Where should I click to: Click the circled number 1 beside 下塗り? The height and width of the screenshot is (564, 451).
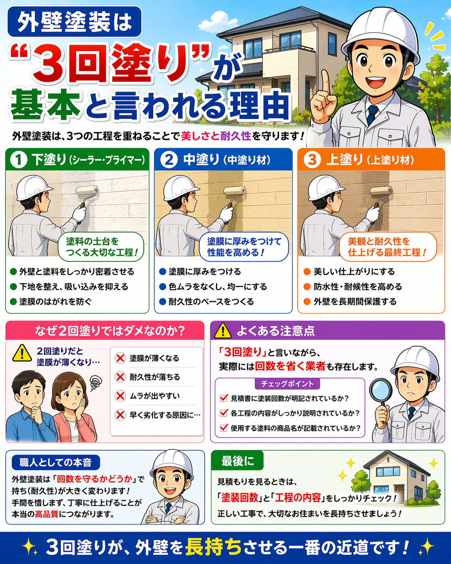coord(18,160)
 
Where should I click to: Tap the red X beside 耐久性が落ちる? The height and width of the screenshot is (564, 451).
coord(120,377)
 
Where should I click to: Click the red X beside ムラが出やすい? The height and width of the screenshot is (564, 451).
coord(120,396)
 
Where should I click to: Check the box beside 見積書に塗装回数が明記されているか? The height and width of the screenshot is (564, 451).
coord(223,398)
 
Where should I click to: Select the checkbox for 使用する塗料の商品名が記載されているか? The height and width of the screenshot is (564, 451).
coord(223,428)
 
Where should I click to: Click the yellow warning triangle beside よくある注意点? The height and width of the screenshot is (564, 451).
coord(223,331)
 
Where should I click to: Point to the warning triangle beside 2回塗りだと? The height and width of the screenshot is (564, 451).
coord(22,353)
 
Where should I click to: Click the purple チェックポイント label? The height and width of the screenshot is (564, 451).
coord(287,384)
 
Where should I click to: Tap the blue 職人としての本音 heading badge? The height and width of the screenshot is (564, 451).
coord(56,463)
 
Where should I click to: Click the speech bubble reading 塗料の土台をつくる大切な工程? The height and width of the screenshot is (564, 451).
coord(101,247)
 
